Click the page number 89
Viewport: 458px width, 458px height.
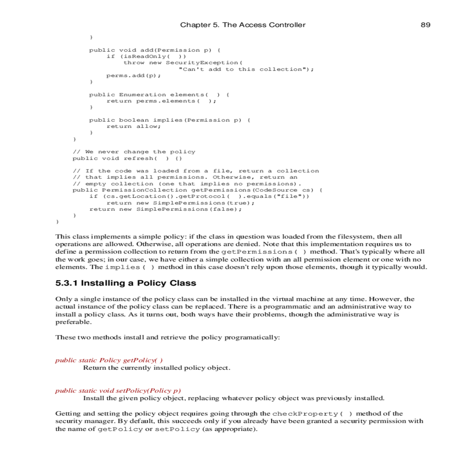point(425,25)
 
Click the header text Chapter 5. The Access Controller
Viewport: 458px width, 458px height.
point(243,25)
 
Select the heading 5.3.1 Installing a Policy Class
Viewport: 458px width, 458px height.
point(126,283)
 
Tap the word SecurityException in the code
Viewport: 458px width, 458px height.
point(202,63)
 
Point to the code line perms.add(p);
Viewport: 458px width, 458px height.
point(134,76)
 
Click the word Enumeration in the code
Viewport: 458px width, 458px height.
point(142,95)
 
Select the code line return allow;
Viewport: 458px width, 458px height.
point(134,126)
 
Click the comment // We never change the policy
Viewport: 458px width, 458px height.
point(134,152)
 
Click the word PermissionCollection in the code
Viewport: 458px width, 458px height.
point(144,190)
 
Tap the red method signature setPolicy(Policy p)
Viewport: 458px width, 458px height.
point(148,390)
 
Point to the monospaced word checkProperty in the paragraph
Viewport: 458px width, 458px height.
point(305,414)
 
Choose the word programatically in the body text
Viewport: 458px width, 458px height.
point(252,337)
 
